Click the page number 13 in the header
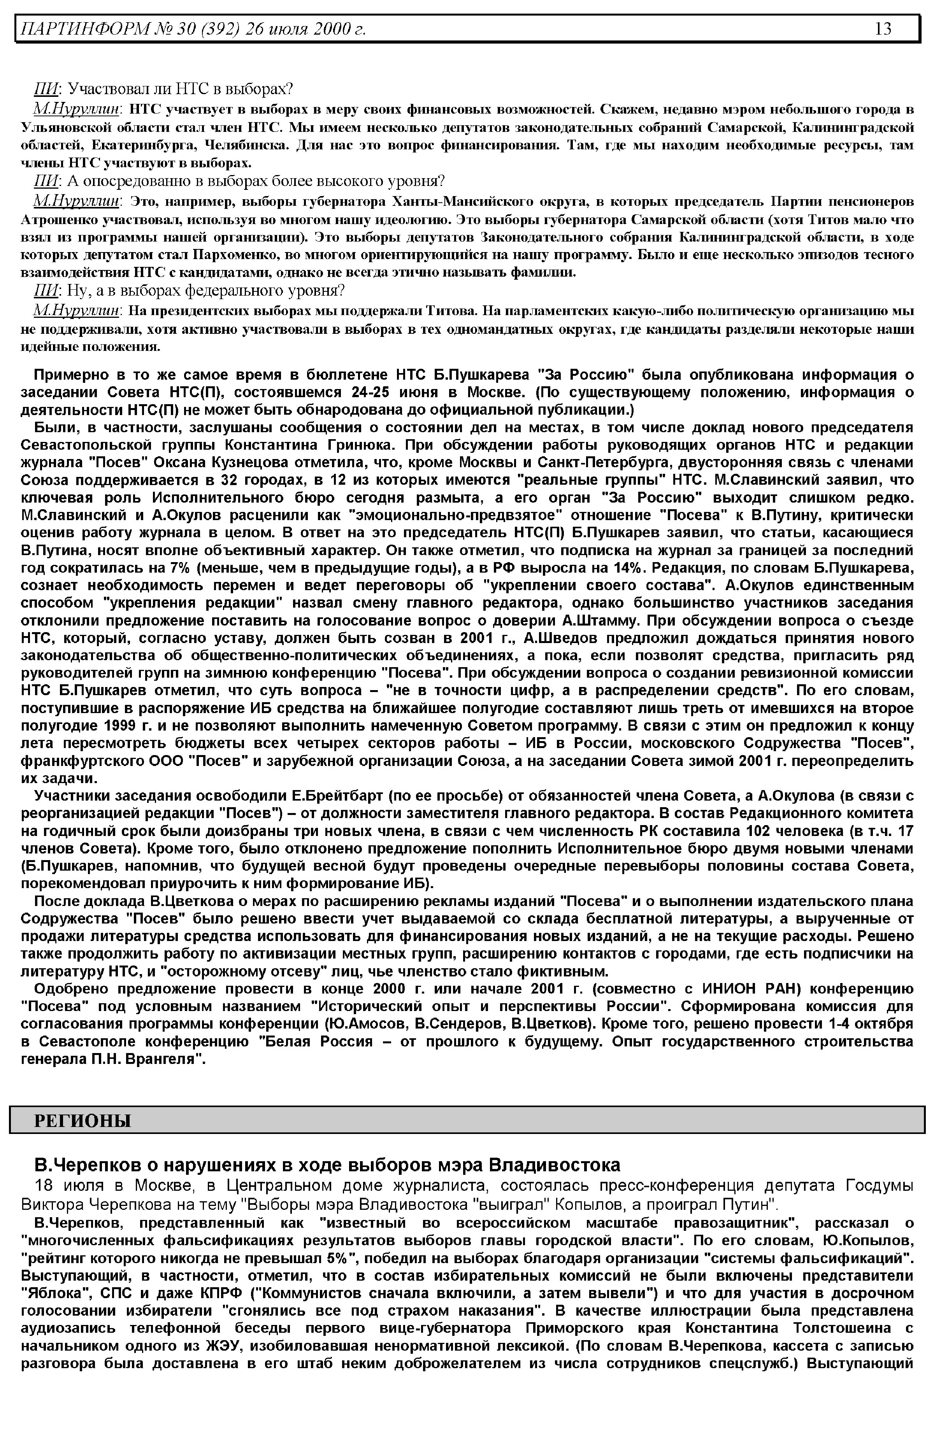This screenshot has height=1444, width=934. (883, 28)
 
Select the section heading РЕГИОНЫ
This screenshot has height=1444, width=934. (83, 1120)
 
